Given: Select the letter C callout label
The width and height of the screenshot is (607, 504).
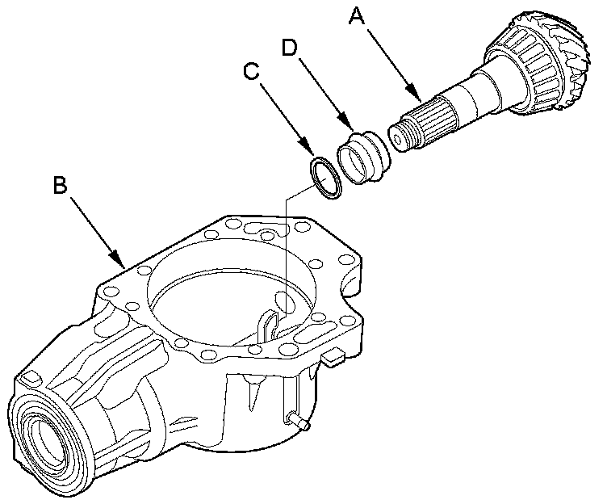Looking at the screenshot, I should tap(253, 73).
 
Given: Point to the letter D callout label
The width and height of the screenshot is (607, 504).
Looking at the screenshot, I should tap(291, 48).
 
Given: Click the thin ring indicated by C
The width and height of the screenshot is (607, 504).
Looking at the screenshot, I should tap(326, 177).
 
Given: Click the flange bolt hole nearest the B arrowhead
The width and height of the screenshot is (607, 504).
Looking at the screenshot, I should tap(145, 272).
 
